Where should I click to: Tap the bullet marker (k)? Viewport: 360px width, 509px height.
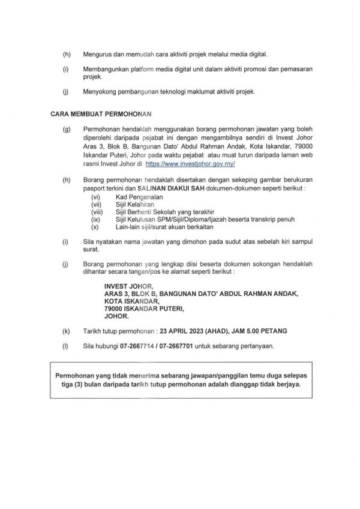click(65, 330)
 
